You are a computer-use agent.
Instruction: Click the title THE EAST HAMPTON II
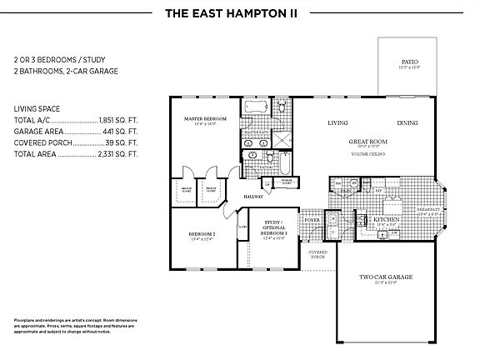coord(240,13)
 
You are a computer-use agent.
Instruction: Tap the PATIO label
coord(408,62)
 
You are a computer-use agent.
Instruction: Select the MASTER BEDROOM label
coord(205,120)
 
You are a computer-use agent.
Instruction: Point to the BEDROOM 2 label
coord(202,235)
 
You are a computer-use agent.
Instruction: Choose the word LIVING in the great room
coord(337,123)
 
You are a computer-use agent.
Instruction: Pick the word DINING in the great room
coord(407,123)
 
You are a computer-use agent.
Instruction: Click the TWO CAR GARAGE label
coord(386,277)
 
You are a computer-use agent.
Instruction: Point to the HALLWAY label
coord(253,197)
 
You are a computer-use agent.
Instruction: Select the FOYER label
coord(312,220)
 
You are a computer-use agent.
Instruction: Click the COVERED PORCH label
coord(317,253)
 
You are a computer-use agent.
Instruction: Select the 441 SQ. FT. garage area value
coord(122,132)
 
